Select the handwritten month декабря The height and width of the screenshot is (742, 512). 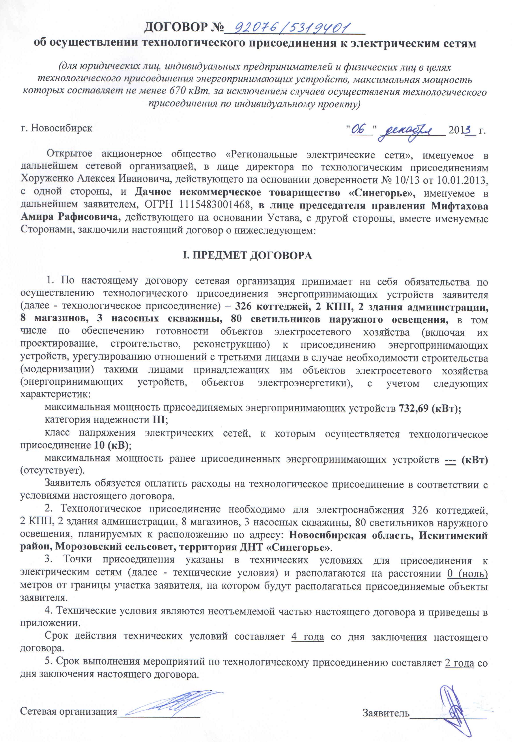click(x=410, y=131)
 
